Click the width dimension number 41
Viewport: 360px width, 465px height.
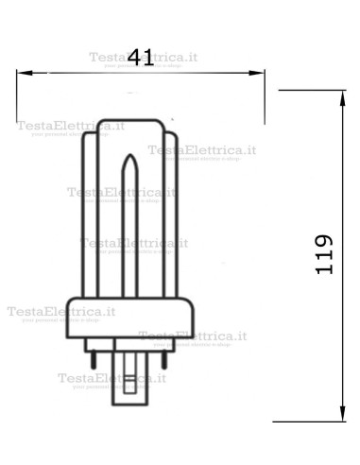click(x=140, y=57)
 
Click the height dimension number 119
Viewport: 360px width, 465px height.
click(x=323, y=254)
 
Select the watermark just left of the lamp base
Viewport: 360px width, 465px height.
click(x=59, y=313)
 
